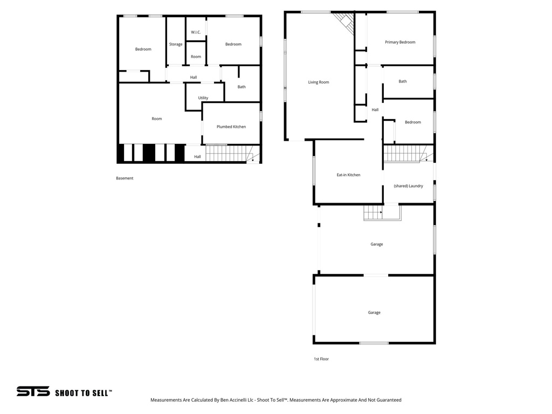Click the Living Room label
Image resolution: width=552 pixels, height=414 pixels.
[318, 82]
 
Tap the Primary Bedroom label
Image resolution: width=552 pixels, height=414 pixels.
[400, 42]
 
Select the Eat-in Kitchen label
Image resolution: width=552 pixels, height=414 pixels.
[348, 175]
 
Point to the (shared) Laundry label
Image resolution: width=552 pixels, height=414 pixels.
[408, 186]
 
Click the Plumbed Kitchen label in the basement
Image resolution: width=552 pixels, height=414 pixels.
[231, 127]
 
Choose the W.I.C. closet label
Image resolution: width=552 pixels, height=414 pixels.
[196, 32]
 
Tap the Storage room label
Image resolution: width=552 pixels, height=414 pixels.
[176, 44]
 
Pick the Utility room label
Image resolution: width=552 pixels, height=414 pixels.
[203, 98]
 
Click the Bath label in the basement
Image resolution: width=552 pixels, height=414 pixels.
[241, 87]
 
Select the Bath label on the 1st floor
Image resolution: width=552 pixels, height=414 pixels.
[403, 81]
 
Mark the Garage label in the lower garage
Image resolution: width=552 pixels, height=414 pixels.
[374, 313]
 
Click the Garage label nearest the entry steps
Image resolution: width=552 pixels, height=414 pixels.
[377, 244]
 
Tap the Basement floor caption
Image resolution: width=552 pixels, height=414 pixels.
[125, 178]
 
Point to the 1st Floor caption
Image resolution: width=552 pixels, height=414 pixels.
[321, 359]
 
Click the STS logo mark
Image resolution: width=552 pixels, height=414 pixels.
[33, 392]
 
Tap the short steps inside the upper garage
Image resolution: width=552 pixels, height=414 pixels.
[372, 213]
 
